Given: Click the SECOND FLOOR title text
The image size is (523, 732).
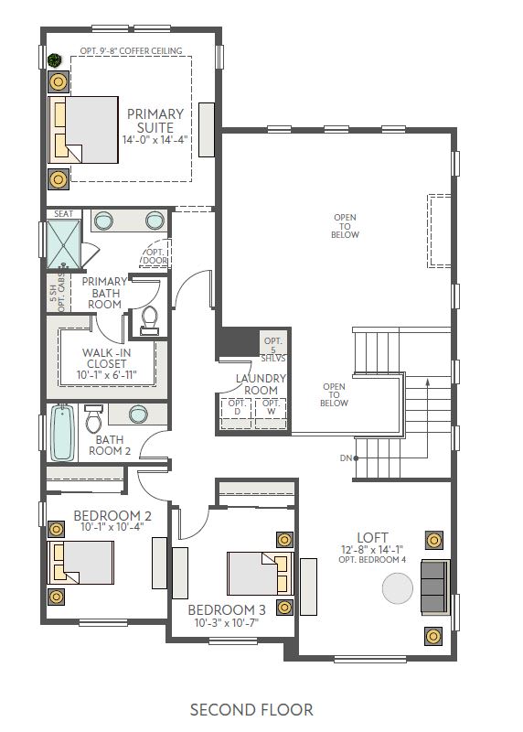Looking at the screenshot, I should (251, 709).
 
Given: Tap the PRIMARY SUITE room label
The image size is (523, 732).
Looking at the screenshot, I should (155, 121).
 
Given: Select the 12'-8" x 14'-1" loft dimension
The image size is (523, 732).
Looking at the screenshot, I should (373, 549).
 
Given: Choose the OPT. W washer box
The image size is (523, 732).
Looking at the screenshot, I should (271, 408).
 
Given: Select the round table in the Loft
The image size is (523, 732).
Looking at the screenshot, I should (398, 587).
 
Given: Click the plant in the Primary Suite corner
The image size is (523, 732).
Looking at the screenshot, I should (55, 60).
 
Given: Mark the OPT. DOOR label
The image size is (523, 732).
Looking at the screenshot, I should (154, 255).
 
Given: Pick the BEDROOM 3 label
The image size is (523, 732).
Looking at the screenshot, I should (227, 610).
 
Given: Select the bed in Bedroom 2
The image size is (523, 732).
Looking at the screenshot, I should (82, 560).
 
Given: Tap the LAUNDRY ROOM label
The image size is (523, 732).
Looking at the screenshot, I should (261, 383).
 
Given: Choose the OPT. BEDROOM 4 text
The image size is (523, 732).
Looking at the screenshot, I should (373, 560).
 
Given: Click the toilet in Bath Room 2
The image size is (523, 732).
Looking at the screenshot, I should (93, 422).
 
